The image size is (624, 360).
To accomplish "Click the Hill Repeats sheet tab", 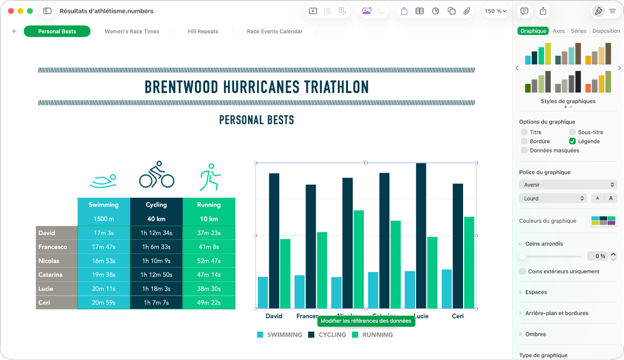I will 203,32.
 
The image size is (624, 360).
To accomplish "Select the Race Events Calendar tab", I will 274,32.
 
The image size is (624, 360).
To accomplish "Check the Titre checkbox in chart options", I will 524,132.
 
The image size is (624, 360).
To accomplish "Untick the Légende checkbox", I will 572,141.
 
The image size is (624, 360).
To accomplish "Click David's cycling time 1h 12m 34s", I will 156,233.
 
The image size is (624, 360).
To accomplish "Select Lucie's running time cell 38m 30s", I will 208,289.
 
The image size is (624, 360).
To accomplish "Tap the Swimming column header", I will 104,205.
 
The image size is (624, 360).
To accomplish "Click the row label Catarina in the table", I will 50,275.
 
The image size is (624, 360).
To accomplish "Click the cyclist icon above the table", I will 157,175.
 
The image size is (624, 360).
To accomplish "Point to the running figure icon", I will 209,177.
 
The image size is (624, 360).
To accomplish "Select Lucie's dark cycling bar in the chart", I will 421,235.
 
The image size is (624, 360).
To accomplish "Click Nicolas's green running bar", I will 358,259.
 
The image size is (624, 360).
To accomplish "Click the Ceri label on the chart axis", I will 458,316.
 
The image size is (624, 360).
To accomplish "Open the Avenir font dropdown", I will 567,185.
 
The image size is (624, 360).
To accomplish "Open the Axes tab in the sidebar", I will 559,31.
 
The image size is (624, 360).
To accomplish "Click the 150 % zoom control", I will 496,11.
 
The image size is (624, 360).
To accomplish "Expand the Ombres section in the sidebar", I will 535,334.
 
